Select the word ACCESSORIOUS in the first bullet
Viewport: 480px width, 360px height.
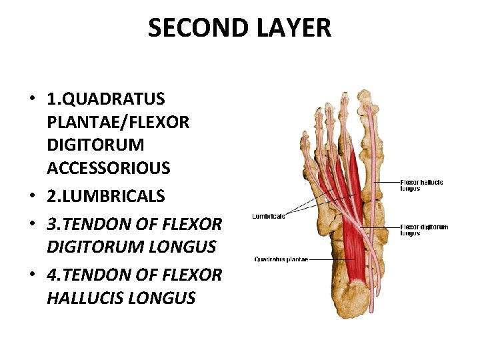point(109,168)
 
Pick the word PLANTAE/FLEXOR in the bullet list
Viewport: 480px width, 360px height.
point(118,122)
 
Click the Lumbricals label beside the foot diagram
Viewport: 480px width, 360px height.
point(269,216)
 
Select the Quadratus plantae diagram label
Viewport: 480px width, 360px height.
point(281,259)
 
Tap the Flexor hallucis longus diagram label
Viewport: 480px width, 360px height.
point(421,185)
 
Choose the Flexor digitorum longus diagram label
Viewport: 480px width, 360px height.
point(424,230)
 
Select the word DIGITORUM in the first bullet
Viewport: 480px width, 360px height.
point(95,145)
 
